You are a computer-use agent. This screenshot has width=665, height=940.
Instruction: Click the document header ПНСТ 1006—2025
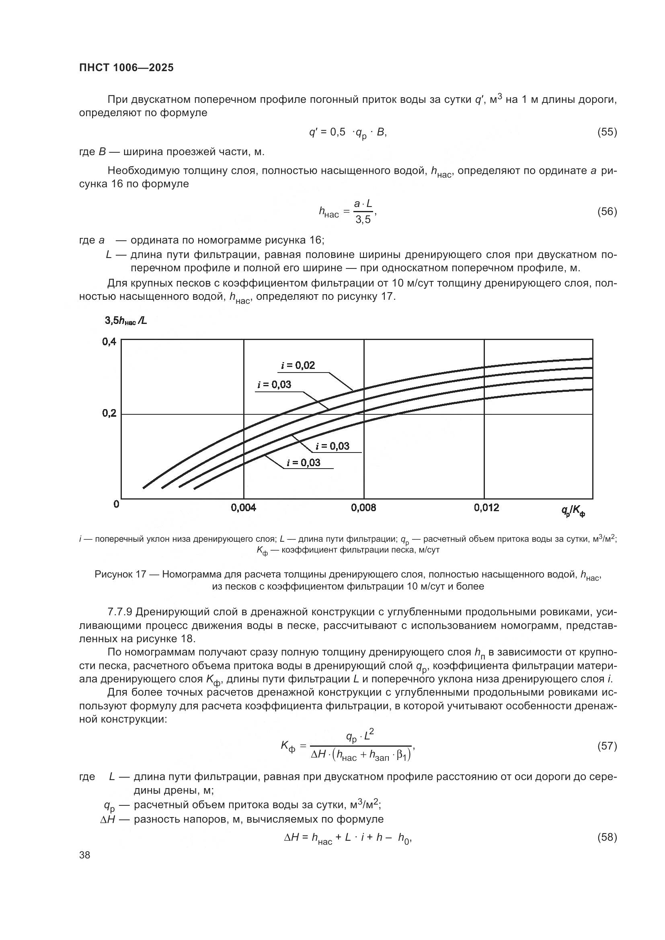[126, 68]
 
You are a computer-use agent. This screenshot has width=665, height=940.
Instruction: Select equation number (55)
[607, 132]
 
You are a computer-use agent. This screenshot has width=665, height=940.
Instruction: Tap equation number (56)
[607, 211]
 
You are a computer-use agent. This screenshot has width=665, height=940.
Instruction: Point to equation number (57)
[607, 746]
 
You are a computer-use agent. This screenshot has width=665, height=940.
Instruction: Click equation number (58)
[607, 837]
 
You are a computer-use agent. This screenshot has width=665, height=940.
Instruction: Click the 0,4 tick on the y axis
[109, 342]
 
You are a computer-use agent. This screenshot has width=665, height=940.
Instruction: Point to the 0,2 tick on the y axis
[109, 413]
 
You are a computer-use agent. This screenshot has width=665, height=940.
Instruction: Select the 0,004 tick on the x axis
[243, 508]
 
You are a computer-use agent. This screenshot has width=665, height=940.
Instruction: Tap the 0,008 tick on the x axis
[363, 508]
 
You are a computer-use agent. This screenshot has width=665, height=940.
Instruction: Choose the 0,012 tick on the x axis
[486, 508]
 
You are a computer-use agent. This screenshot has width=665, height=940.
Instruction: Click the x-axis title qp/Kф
[573, 510]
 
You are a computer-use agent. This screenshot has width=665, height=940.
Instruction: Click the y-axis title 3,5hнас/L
[126, 321]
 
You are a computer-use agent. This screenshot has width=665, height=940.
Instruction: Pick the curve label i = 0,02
[298, 365]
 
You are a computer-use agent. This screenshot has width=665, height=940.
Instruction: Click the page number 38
[85, 855]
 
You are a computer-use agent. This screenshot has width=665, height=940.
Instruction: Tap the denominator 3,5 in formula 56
[363, 220]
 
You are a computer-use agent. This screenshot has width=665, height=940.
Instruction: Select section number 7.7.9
[119, 612]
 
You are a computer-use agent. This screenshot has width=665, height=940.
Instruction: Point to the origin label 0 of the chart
[116, 504]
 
